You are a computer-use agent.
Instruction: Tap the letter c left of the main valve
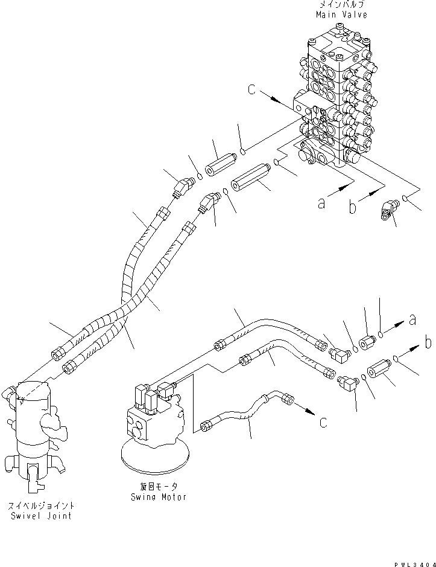coord(251,91)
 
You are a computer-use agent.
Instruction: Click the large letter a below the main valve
coord(322,203)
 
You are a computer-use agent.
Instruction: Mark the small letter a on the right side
coord(412,321)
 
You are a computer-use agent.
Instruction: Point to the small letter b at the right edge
coord(428,343)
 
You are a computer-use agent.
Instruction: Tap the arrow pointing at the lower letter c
coord(304,412)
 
